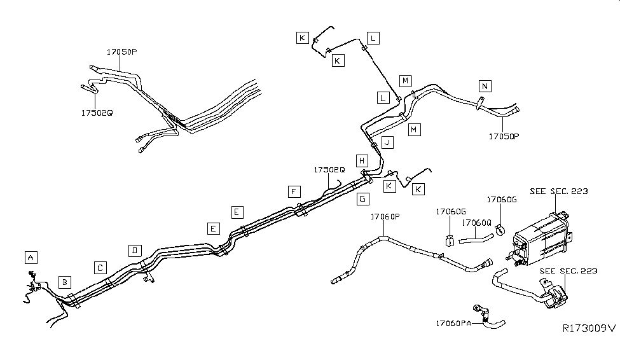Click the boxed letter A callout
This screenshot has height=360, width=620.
[30, 257]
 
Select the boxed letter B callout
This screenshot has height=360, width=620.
[64, 281]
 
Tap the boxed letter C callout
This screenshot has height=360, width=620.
[100, 267]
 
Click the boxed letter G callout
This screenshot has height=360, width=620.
[362, 198]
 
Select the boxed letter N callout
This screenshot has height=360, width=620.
[486, 86]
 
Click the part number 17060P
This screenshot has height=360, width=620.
[385, 217]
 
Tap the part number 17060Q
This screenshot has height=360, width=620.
[476, 223]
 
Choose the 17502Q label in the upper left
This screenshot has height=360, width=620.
[97, 113]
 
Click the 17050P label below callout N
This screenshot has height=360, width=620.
[504, 136]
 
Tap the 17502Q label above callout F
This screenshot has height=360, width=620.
[329, 170]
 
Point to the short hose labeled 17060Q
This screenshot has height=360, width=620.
[476, 240]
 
